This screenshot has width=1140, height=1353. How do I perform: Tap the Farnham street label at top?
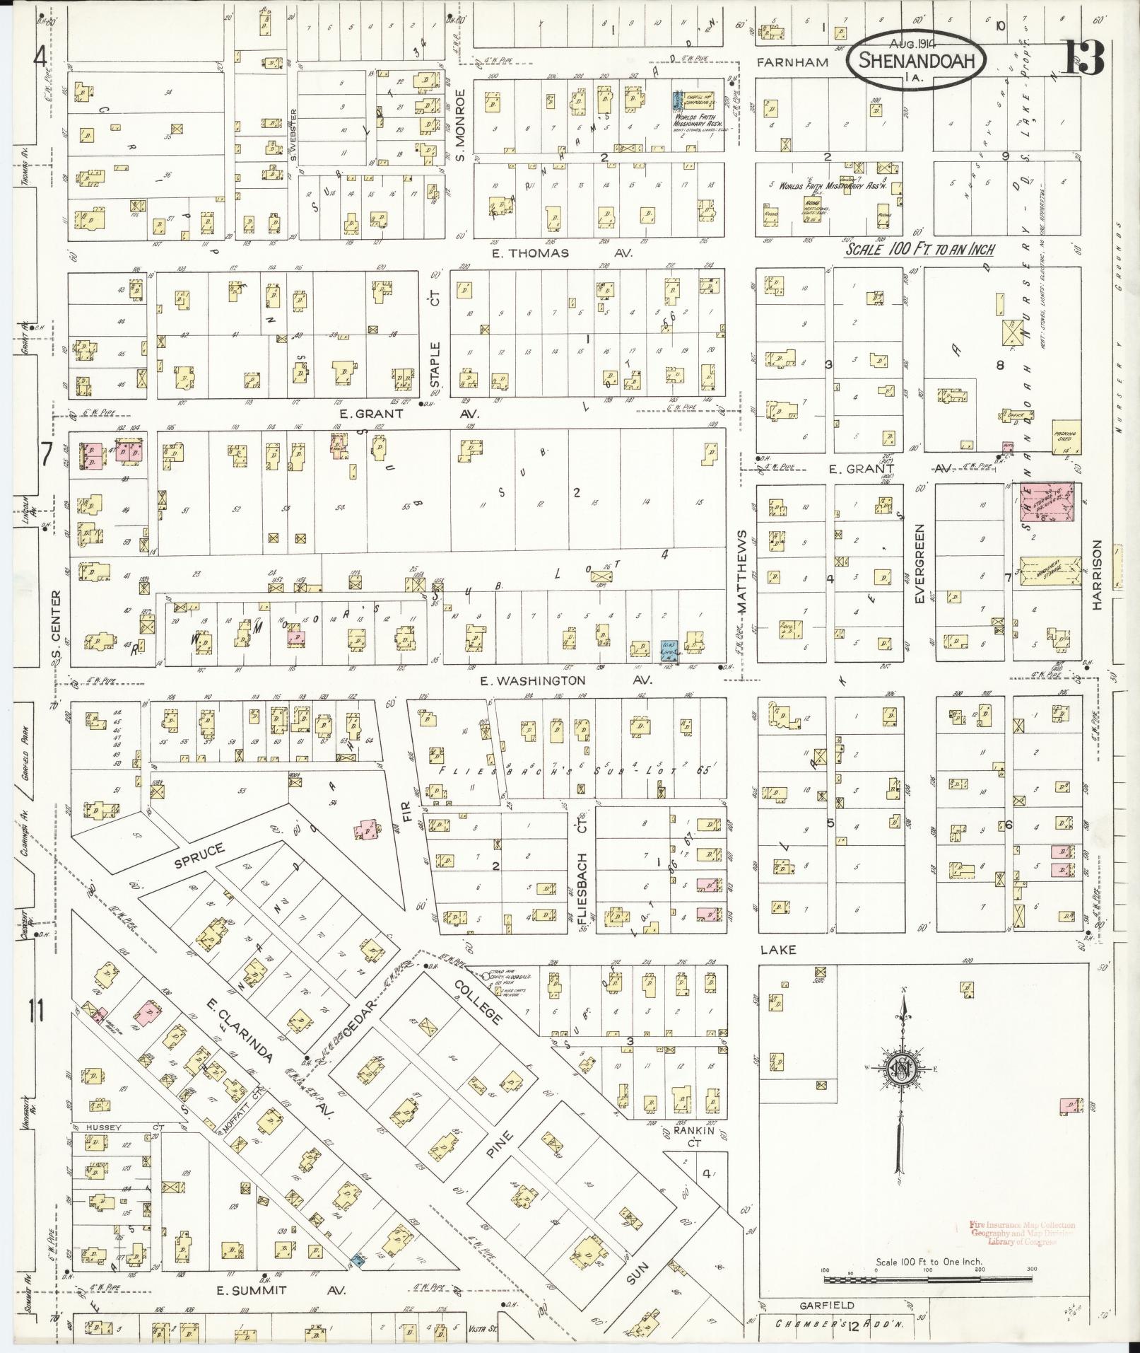[792, 62]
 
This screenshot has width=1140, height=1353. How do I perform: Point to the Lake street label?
[777, 949]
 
